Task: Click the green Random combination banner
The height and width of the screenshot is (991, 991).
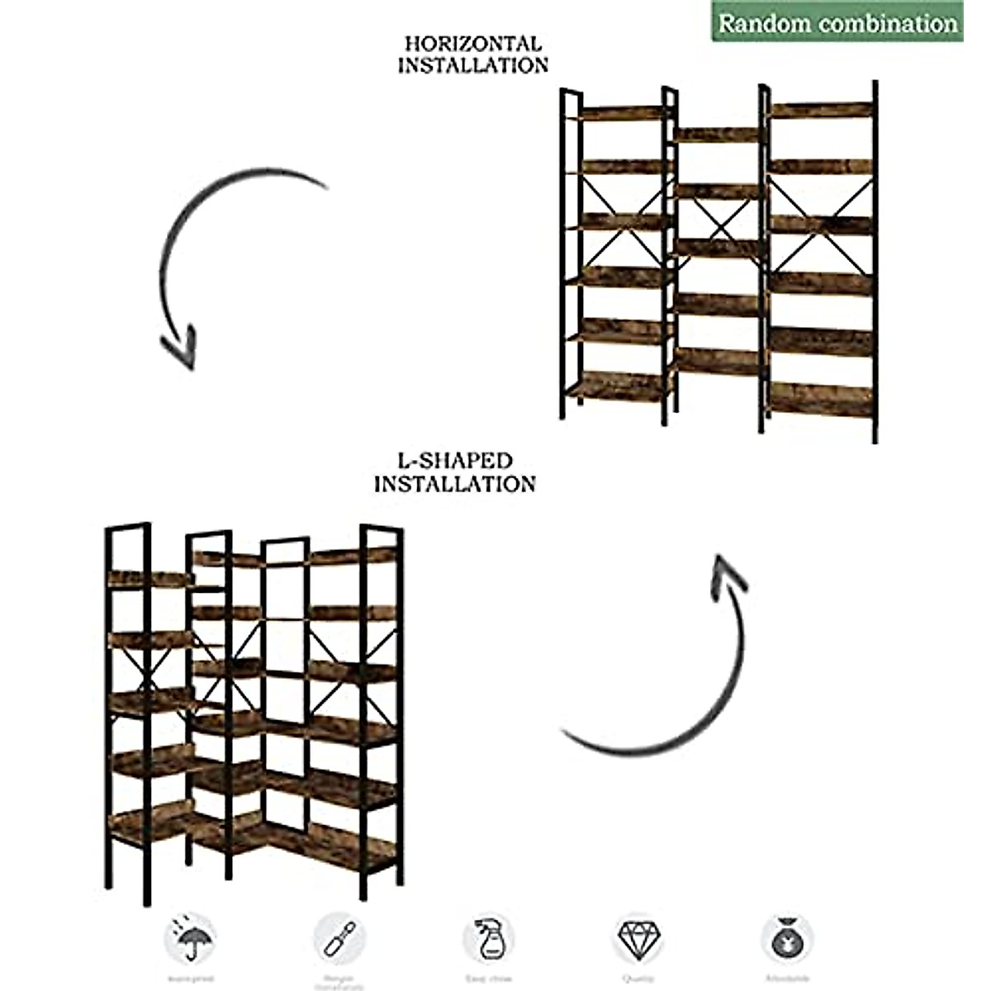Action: (837, 22)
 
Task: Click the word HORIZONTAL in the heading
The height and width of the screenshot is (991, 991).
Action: (473, 43)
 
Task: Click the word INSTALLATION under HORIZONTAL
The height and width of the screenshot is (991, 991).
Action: (473, 65)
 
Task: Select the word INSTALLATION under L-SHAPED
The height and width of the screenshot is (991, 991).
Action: (454, 483)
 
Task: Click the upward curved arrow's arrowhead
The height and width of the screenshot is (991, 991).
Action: (728, 574)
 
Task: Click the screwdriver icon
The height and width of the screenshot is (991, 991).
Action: (339, 937)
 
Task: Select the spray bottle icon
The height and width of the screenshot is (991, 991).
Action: (487, 937)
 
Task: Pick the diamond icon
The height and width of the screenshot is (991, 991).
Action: (638, 937)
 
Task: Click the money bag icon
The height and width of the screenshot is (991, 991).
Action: (785, 937)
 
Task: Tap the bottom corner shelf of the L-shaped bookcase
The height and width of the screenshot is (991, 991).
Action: (248, 834)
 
